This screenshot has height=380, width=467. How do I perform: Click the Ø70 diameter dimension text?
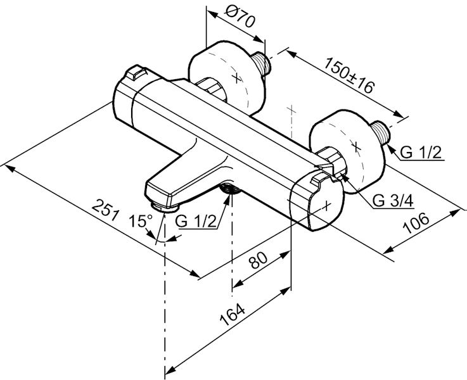[x=240, y=18]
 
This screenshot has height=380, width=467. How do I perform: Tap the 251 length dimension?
[x=106, y=209]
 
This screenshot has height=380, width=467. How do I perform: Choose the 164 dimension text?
[x=233, y=317]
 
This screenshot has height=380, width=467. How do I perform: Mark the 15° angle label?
[x=141, y=221]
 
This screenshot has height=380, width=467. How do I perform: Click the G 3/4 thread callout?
[x=393, y=201]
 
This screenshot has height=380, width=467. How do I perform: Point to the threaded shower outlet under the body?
[x=229, y=189]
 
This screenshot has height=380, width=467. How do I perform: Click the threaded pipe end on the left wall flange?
[x=262, y=63]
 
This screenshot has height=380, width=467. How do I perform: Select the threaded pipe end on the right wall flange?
[x=382, y=132]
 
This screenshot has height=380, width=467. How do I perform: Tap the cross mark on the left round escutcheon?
[x=236, y=78]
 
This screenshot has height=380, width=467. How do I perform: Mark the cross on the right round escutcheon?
[x=356, y=146]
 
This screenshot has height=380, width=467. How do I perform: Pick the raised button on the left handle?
[x=135, y=75]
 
